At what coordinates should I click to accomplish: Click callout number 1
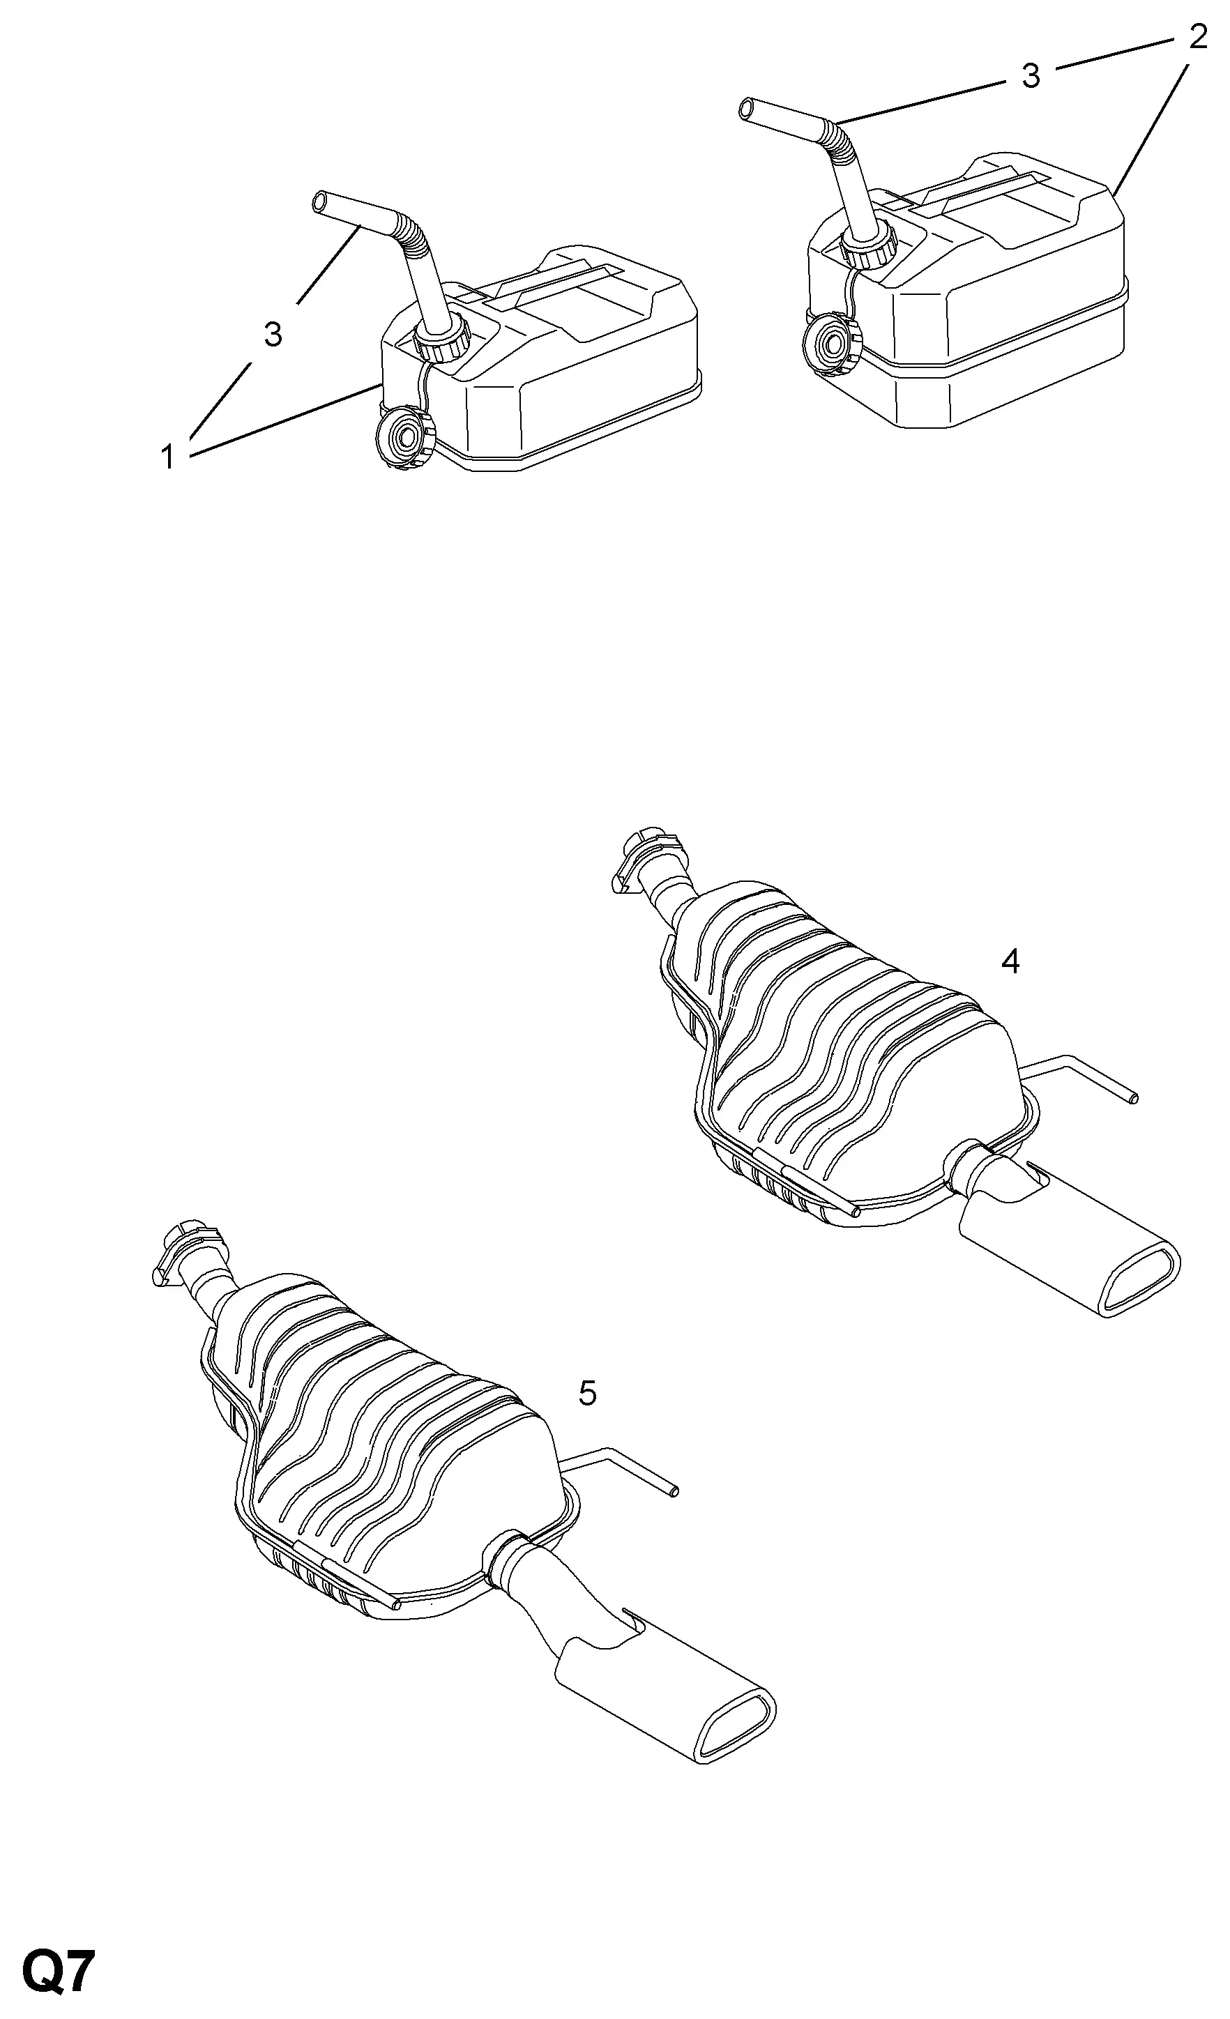[168, 457]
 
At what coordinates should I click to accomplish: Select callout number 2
[1197, 37]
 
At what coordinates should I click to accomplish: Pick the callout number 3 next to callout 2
[1031, 75]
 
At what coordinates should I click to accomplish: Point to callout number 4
[1010, 961]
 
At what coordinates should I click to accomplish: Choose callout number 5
[588, 1392]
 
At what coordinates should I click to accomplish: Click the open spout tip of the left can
[322, 201]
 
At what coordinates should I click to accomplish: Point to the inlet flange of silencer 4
[647, 860]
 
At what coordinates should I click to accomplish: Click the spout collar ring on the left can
[441, 340]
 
